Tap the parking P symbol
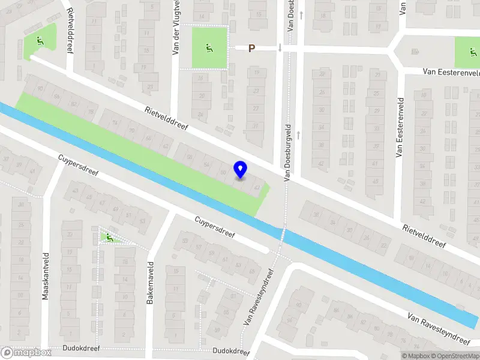[252, 49]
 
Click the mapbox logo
[26, 353]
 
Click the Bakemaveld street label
[150, 283]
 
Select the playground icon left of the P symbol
[209, 48]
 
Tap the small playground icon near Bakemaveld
[109, 238]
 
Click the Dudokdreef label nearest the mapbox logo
[81, 348]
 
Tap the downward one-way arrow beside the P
[280, 48]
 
